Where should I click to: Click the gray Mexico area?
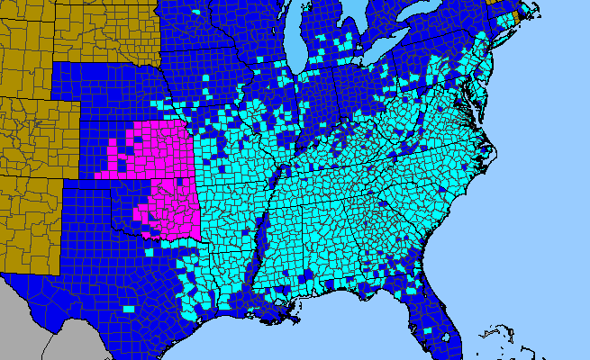36,324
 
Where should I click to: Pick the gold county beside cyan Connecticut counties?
515,18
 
